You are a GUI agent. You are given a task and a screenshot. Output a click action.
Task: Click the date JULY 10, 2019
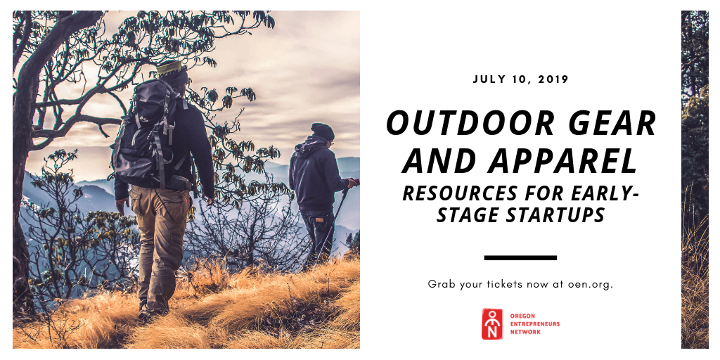(521, 79)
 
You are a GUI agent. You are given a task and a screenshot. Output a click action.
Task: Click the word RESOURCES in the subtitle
(463, 194)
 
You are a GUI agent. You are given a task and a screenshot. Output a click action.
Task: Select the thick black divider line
(521, 257)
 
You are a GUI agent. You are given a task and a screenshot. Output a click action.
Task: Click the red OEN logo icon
(492, 323)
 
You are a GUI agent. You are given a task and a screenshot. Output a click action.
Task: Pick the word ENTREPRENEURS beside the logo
(535, 323)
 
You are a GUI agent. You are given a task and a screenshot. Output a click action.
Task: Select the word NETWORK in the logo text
(525, 332)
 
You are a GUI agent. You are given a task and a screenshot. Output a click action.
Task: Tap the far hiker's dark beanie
(322, 131)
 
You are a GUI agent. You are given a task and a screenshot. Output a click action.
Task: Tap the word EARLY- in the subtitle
(604, 194)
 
